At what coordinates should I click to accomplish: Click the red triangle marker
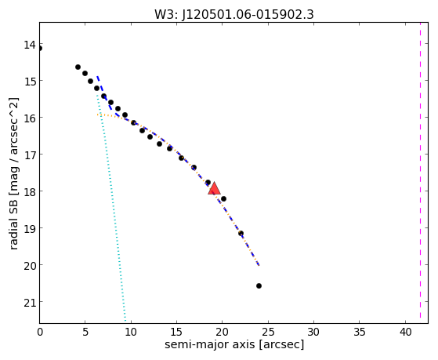pyautogui.click(x=214, y=188)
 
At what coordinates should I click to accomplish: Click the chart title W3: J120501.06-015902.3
pyautogui.click(x=234, y=15)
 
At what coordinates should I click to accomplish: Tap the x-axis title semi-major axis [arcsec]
pyautogui.click(x=234, y=344)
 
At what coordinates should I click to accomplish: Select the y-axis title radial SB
pyautogui.click(x=13, y=229)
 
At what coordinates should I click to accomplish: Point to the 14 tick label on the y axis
pyautogui.click(x=29, y=45)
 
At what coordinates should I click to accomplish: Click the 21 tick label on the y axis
pyautogui.click(x=29, y=303)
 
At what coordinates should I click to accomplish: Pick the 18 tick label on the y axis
pyautogui.click(x=29, y=192)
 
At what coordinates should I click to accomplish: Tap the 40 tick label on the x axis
pyautogui.click(x=405, y=333)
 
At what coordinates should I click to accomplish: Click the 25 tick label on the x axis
pyautogui.click(x=269, y=333)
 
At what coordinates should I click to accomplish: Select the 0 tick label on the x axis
pyautogui.click(x=40, y=333)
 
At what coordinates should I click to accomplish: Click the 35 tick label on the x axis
pyautogui.click(x=360, y=333)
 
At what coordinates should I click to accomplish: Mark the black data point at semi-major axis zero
pyautogui.click(x=40, y=49)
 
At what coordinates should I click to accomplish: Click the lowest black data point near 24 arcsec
pyautogui.click(x=259, y=285)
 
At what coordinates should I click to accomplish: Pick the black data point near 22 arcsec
pyautogui.click(x=241, y=233)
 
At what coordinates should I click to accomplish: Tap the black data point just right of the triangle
pyautogui.click(x=223, y=199)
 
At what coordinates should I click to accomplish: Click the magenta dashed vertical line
pyautogui.click(x=420, y=170)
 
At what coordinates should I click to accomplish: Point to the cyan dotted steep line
pyautogui.click(x=111, y=208)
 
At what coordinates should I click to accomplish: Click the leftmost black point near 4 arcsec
pyautogui.click(x=78, y=67)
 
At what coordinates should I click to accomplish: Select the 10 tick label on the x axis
pyautogui.click(x=131, y=333)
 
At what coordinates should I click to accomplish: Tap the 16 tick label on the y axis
pyautogui.click(x=29, y=118)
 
